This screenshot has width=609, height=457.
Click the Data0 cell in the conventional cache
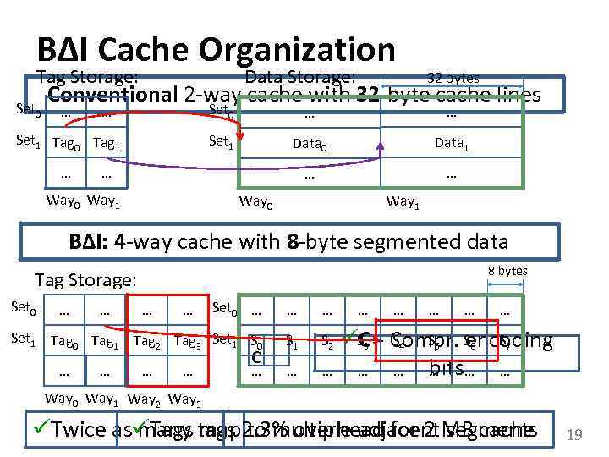coord(310,145)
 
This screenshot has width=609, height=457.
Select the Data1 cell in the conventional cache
coord(450,145)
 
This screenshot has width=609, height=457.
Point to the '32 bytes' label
coord(452,77)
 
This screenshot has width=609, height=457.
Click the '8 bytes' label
coord(507,271)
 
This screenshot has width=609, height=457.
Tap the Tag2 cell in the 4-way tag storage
coord(149,342)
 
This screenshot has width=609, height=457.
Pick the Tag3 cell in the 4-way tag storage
coord(189,342)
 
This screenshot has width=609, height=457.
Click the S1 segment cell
coord(292,343)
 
